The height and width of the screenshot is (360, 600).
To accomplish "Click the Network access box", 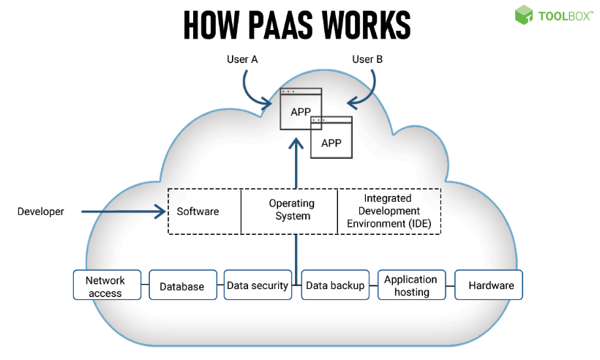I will coord(105,285).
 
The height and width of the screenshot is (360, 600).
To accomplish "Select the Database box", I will coord(181,285).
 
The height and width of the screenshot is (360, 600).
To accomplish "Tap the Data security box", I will coord(257,285).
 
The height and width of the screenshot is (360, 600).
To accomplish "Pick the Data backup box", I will coord(334,285).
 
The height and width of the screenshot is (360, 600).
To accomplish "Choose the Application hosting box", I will coord(410,285).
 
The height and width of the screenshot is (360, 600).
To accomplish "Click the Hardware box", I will coord(489,285).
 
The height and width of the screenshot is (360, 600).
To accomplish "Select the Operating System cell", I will coord(290,210).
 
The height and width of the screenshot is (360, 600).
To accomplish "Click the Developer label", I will coord(40,212).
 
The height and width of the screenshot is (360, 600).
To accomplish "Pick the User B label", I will coord(367,59).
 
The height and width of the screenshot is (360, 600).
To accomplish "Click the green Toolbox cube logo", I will coord(524,15).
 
